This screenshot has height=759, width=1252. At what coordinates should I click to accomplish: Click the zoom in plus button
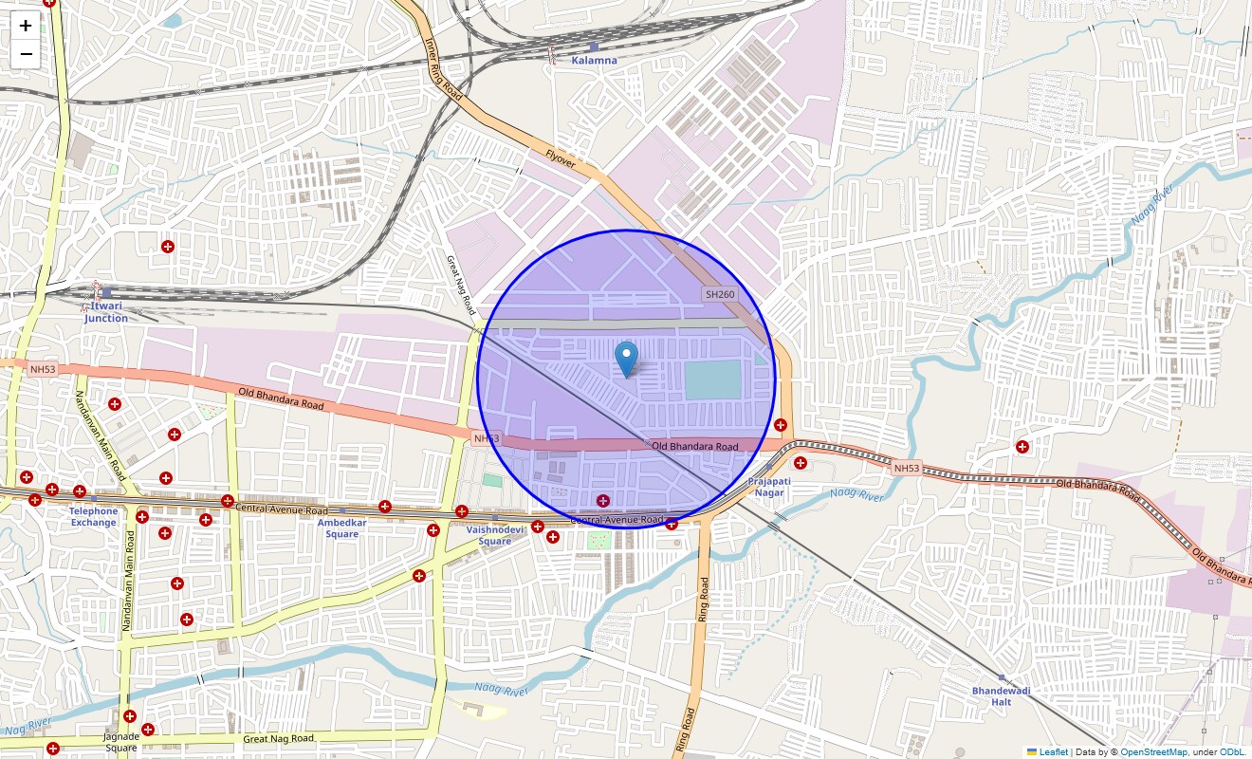26,26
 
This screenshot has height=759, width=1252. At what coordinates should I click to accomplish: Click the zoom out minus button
26,54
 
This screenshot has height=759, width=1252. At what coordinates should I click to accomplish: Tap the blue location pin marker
626,360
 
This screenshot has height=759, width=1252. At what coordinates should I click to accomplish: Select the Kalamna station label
594,60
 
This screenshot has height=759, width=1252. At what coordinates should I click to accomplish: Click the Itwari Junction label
105,312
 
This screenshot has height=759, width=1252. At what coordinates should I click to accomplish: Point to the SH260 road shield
719,294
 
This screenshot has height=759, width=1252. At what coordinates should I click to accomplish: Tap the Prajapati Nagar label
768,487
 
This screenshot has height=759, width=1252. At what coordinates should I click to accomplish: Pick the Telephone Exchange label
93,517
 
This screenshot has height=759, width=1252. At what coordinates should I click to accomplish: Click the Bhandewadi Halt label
1001,696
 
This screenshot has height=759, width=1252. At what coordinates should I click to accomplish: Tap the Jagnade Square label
121,742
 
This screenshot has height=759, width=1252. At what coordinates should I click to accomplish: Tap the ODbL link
1232,751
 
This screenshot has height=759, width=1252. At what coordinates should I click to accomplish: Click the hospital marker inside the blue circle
602,500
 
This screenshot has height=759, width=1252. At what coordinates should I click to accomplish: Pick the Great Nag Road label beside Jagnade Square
278,738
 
